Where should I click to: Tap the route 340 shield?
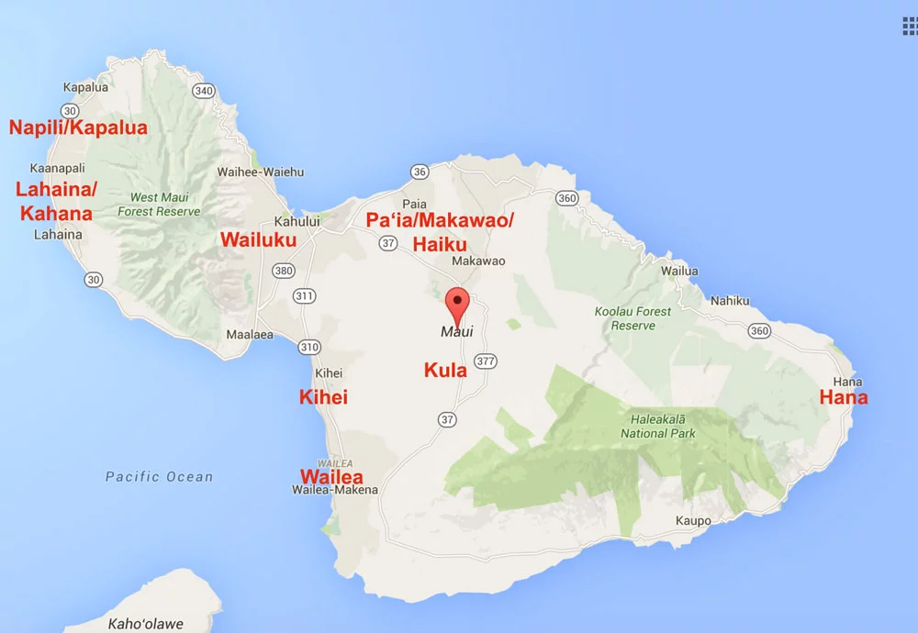coord(203,90)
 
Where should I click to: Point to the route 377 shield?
coord(486,361)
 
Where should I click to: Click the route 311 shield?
coord(304,296)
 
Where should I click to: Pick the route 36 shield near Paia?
coord(420,172)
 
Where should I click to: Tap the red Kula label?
coord(445,371)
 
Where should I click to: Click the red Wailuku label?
coord(259,240)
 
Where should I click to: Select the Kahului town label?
coord(297,221)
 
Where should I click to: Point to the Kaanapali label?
coord(57,169)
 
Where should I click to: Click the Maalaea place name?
coord(250,335)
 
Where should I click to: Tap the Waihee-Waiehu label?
coord(260,172)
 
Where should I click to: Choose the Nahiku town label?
coord(729,301)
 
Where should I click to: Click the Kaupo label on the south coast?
coord(693,521)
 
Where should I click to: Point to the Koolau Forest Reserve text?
coord(633,318)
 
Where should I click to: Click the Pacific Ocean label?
coord(159,477)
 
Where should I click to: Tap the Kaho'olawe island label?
coord(145,624)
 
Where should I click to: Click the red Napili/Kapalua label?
coord(78,128)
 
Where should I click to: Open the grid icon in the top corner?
coord(909,26)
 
